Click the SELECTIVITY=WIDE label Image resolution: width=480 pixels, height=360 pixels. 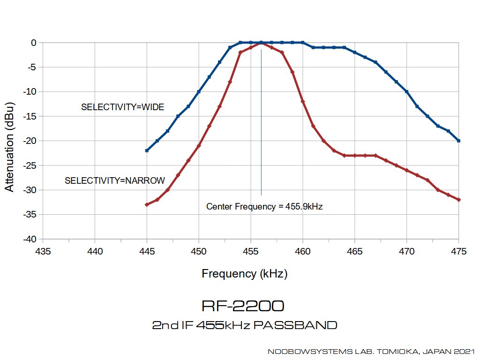tap(122, 107)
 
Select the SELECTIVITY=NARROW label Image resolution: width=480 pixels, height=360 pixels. tap(115, 180)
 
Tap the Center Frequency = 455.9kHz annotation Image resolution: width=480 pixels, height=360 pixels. tap(264, 207)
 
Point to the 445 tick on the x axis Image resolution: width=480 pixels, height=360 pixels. tap(147, 251)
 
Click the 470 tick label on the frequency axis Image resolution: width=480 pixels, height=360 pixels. tap(406, 251)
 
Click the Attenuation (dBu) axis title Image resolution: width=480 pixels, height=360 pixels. tap(9, 147)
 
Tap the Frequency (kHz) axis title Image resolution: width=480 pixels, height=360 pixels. tap(245, 273)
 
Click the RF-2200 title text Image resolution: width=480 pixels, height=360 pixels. tap(243, 306)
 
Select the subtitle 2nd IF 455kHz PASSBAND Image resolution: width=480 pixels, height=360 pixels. tap(245, 325)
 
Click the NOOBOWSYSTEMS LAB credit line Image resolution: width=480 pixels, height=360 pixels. tap(371, 352)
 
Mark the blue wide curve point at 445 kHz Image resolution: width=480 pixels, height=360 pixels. tap(147, 150)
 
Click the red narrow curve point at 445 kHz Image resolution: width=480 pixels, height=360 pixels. tap(147, 204)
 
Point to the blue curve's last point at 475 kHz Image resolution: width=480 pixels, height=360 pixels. tap(458, 141)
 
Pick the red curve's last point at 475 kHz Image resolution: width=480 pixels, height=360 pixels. tap(458, 200)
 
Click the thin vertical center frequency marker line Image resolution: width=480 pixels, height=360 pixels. tap(261, 122)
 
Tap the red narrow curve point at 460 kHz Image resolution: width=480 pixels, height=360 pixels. tap(303, 101)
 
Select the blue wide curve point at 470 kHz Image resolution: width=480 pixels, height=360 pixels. tap(406, 91)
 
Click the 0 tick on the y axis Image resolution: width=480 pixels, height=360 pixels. tap(34, 43)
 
